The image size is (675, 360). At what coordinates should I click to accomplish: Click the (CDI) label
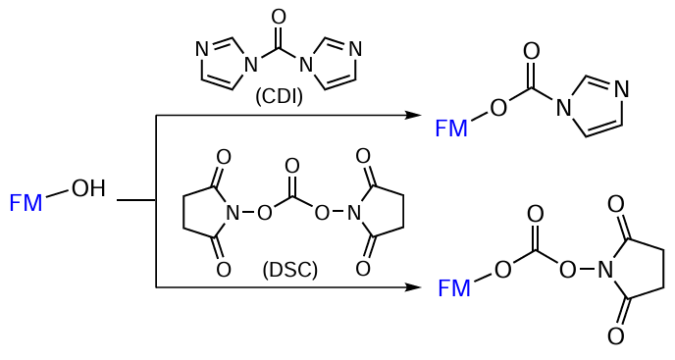click(x=279, y=97)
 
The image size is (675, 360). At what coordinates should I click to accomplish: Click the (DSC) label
click(x=290, y=270)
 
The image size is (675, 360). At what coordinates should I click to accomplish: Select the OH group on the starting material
click(x=88, y=188)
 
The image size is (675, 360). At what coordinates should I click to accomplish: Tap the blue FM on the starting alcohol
click(x=26, y=203)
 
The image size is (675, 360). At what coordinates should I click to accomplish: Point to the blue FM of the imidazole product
click(x=451, y=128)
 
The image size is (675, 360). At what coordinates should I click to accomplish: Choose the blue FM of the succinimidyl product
click(x=454, y=288)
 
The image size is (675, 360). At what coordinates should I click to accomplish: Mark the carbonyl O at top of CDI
click(x=279, y=17)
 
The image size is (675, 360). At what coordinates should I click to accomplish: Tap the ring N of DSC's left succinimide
click(x=233, y=212)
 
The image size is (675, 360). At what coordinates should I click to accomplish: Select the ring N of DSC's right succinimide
click(x=354, y=212)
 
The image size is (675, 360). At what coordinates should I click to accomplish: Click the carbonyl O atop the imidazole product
click(x=532, y=51)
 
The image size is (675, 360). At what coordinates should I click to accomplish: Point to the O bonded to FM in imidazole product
click(x=498, y=107)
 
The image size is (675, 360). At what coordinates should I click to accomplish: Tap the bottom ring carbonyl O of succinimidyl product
click(x=615, y=336)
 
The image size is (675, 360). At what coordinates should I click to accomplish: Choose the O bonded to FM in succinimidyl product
click(x=502, y=269)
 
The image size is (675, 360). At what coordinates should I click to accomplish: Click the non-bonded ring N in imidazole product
click(x=620, y=89)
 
